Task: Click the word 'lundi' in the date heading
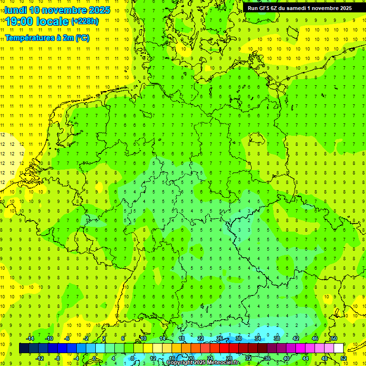point(16,10)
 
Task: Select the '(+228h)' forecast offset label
point(85,21)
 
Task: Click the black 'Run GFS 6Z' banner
point(299,8)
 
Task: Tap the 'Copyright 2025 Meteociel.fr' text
point(203,362)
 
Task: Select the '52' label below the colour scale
point(343,358)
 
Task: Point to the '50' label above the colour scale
point(334,338)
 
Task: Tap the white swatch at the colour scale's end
point(338,348)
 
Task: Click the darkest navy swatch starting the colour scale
point(24,348)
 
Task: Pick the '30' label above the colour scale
point(238,338)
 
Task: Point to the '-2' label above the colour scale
point(86,338)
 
